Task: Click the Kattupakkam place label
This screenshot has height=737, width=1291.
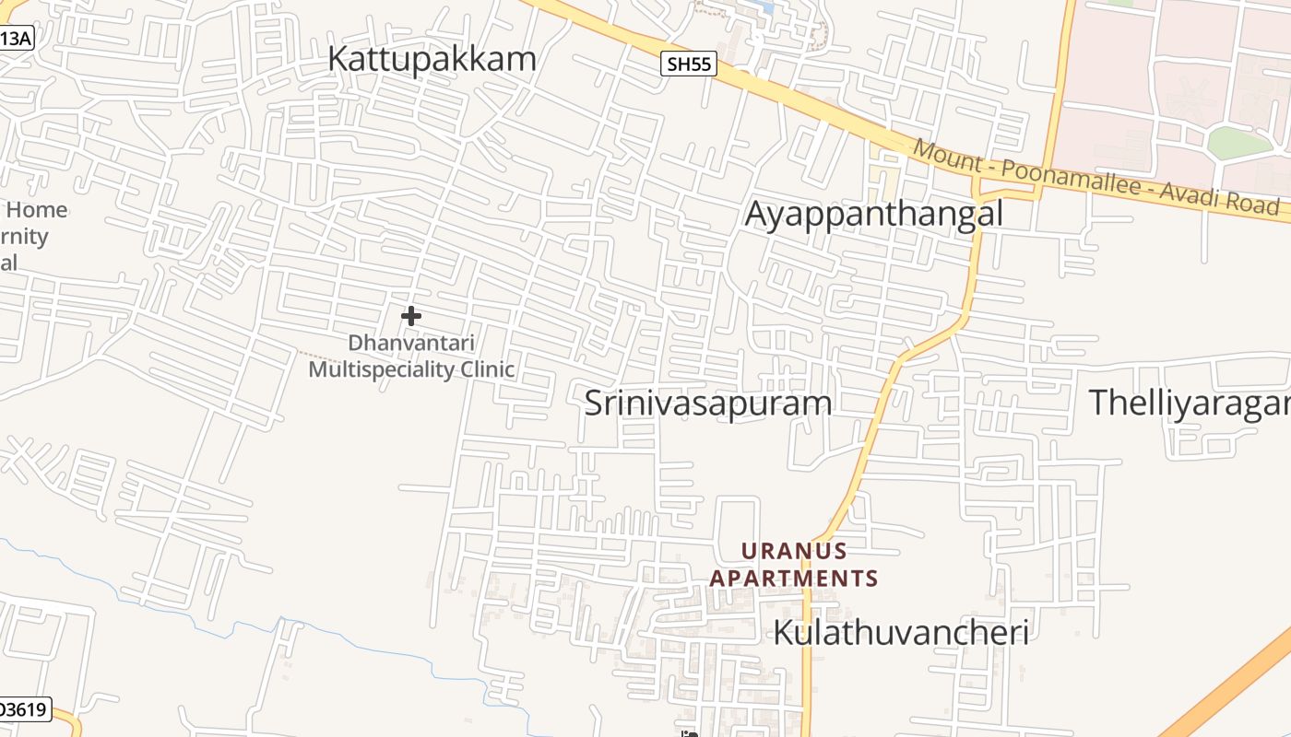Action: tap(432, 59)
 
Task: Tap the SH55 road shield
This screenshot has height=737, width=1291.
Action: tap(689, 64)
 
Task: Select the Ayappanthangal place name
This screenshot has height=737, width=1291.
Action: tap(873, 214)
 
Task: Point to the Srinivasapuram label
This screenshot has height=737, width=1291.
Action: tap(708, 404)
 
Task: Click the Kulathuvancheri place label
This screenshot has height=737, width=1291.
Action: tap(900, 633)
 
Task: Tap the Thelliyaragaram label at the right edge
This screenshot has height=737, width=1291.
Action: tap(1190, 404)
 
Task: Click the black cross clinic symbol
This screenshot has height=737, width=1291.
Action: tap(411, 316)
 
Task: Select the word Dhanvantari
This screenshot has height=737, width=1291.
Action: tap(411, 344)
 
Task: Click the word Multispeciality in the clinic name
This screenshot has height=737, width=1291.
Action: tap(382, 369)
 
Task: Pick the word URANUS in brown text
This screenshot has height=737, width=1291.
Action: tap(794, 551)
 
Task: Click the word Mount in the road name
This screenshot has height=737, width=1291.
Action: tap(948, 155)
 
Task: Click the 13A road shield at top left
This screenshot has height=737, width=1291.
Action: tap(15, 39)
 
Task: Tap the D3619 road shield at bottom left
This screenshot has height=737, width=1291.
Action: tap(24, 709)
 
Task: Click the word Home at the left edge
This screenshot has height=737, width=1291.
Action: tap(37, 210)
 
